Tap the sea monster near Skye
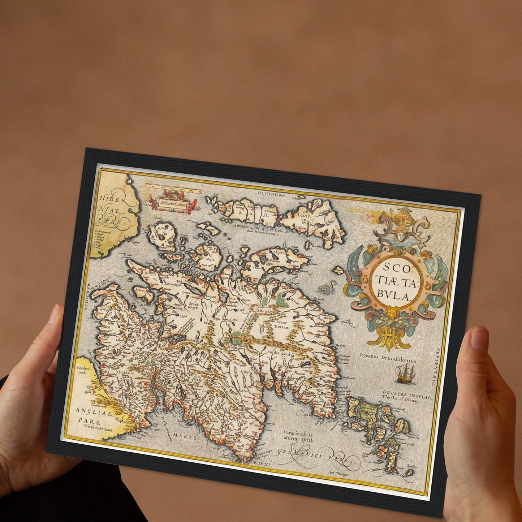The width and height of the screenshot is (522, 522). pos(328,287)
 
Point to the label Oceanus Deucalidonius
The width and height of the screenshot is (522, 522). pos(388,358)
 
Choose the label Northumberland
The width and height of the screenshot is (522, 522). pos(98,429)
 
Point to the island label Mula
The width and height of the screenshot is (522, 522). pos(210,259)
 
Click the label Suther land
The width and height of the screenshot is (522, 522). pos(279,354)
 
